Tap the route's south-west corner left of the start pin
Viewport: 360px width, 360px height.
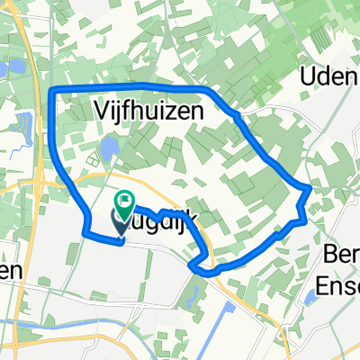85,233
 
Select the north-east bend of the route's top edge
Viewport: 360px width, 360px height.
209,92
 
